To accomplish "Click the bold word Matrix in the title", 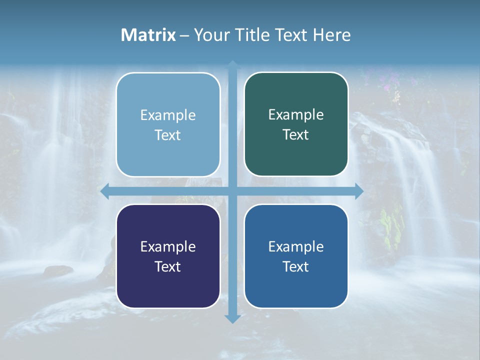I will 148,35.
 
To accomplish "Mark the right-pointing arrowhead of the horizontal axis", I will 358,191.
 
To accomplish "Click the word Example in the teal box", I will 296,114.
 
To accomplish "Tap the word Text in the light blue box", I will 167,135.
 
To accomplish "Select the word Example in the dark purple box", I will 168,246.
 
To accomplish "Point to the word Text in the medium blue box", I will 296,266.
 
